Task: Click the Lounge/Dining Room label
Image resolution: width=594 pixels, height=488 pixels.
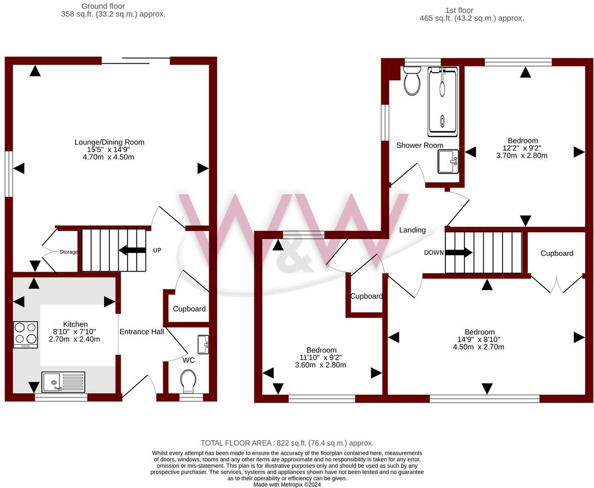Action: pos(109,142)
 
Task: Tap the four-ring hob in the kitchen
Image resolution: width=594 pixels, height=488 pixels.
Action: pos(26,335)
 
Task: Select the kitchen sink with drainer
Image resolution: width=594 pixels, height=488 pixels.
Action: pos(63,382)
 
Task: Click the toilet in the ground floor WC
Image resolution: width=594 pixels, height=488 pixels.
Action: pos(188,381)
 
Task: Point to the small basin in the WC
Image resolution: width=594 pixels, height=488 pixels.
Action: pos(203,344)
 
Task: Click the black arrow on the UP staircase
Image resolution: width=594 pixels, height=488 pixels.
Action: pos(132,250)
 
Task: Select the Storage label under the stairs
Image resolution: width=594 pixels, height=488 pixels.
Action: pos(69,252)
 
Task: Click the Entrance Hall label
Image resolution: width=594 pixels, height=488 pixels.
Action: pos(142,332)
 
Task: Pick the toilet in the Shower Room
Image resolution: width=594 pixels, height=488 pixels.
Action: pos(412,81)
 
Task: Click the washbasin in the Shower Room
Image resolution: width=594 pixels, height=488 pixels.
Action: pos(448,161)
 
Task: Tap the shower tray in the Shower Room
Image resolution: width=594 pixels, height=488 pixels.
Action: pos(442,101)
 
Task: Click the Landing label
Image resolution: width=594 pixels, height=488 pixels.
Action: pos(412,230)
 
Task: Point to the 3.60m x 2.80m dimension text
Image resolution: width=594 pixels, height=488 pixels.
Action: pos(320,365)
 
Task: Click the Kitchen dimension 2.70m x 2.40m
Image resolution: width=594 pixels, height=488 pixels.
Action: pos(74,339)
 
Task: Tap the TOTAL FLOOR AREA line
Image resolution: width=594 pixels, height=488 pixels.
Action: pos(287,443)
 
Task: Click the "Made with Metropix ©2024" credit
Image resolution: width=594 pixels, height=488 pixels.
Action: pos(287,485)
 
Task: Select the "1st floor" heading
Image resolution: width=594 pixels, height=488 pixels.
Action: pos(459,10)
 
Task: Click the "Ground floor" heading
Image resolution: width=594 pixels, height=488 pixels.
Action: pos(103,6)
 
